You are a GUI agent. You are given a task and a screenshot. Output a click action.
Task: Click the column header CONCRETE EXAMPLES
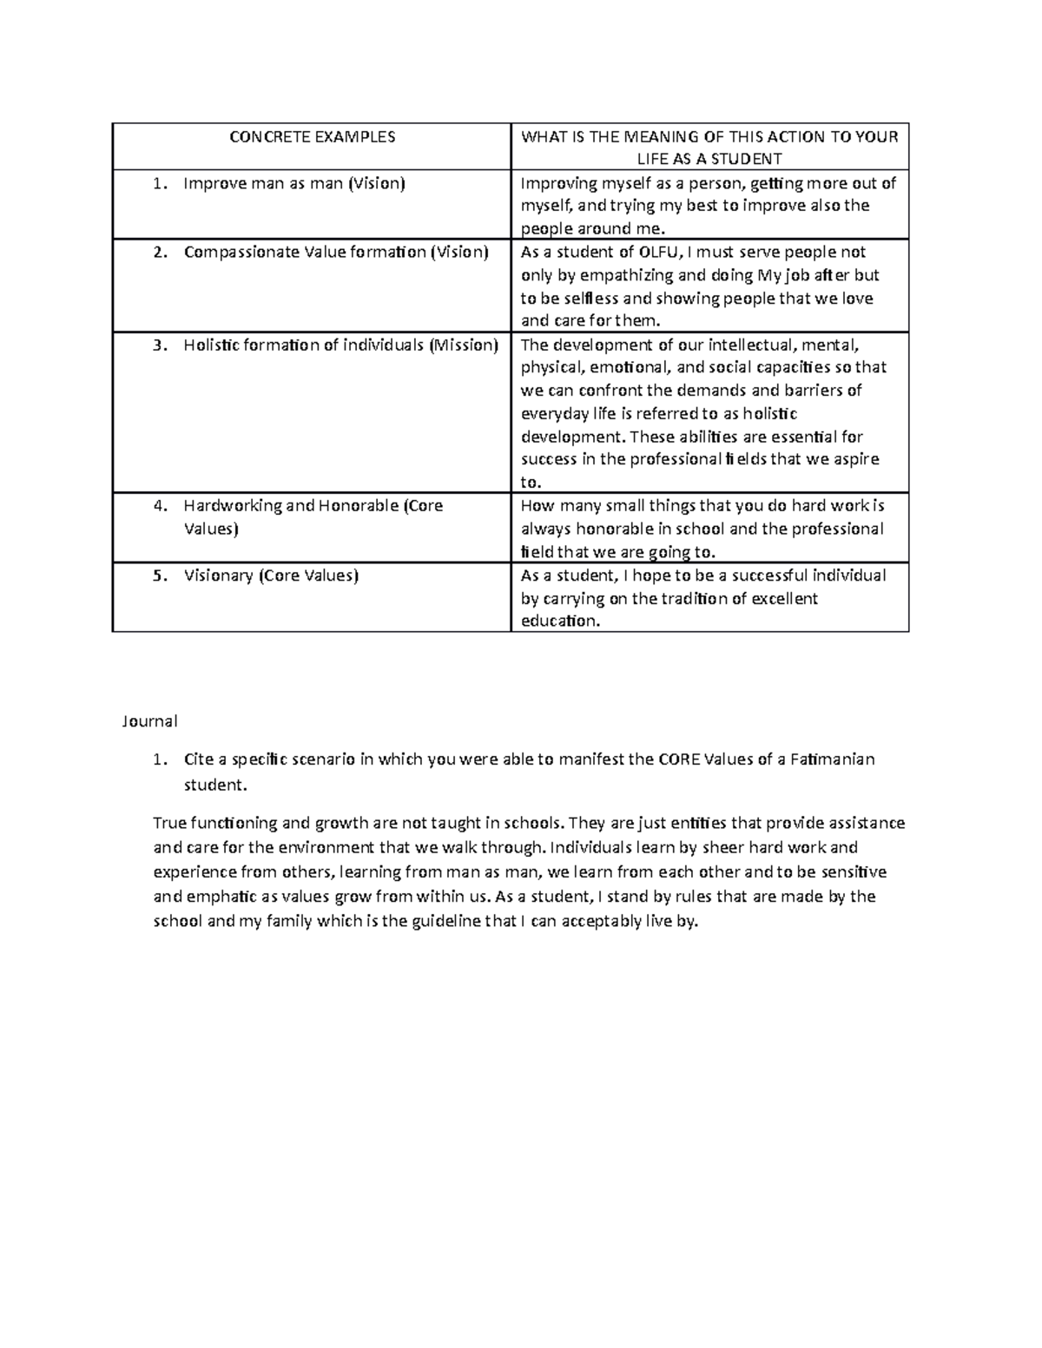point(312,136)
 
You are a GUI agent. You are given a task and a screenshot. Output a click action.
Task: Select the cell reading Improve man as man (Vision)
point(294,183)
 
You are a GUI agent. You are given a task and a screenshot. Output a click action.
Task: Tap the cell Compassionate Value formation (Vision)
point(336,253)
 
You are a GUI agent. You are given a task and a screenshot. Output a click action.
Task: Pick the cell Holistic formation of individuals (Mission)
point(340,345)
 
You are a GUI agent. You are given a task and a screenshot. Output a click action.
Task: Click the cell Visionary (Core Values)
point(271,575)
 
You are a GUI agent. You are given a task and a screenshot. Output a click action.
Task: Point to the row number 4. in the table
point(159,506)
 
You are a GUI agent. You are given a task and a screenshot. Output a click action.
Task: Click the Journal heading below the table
point(149,720)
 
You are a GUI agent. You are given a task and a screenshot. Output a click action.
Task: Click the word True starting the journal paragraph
point(169,823)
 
